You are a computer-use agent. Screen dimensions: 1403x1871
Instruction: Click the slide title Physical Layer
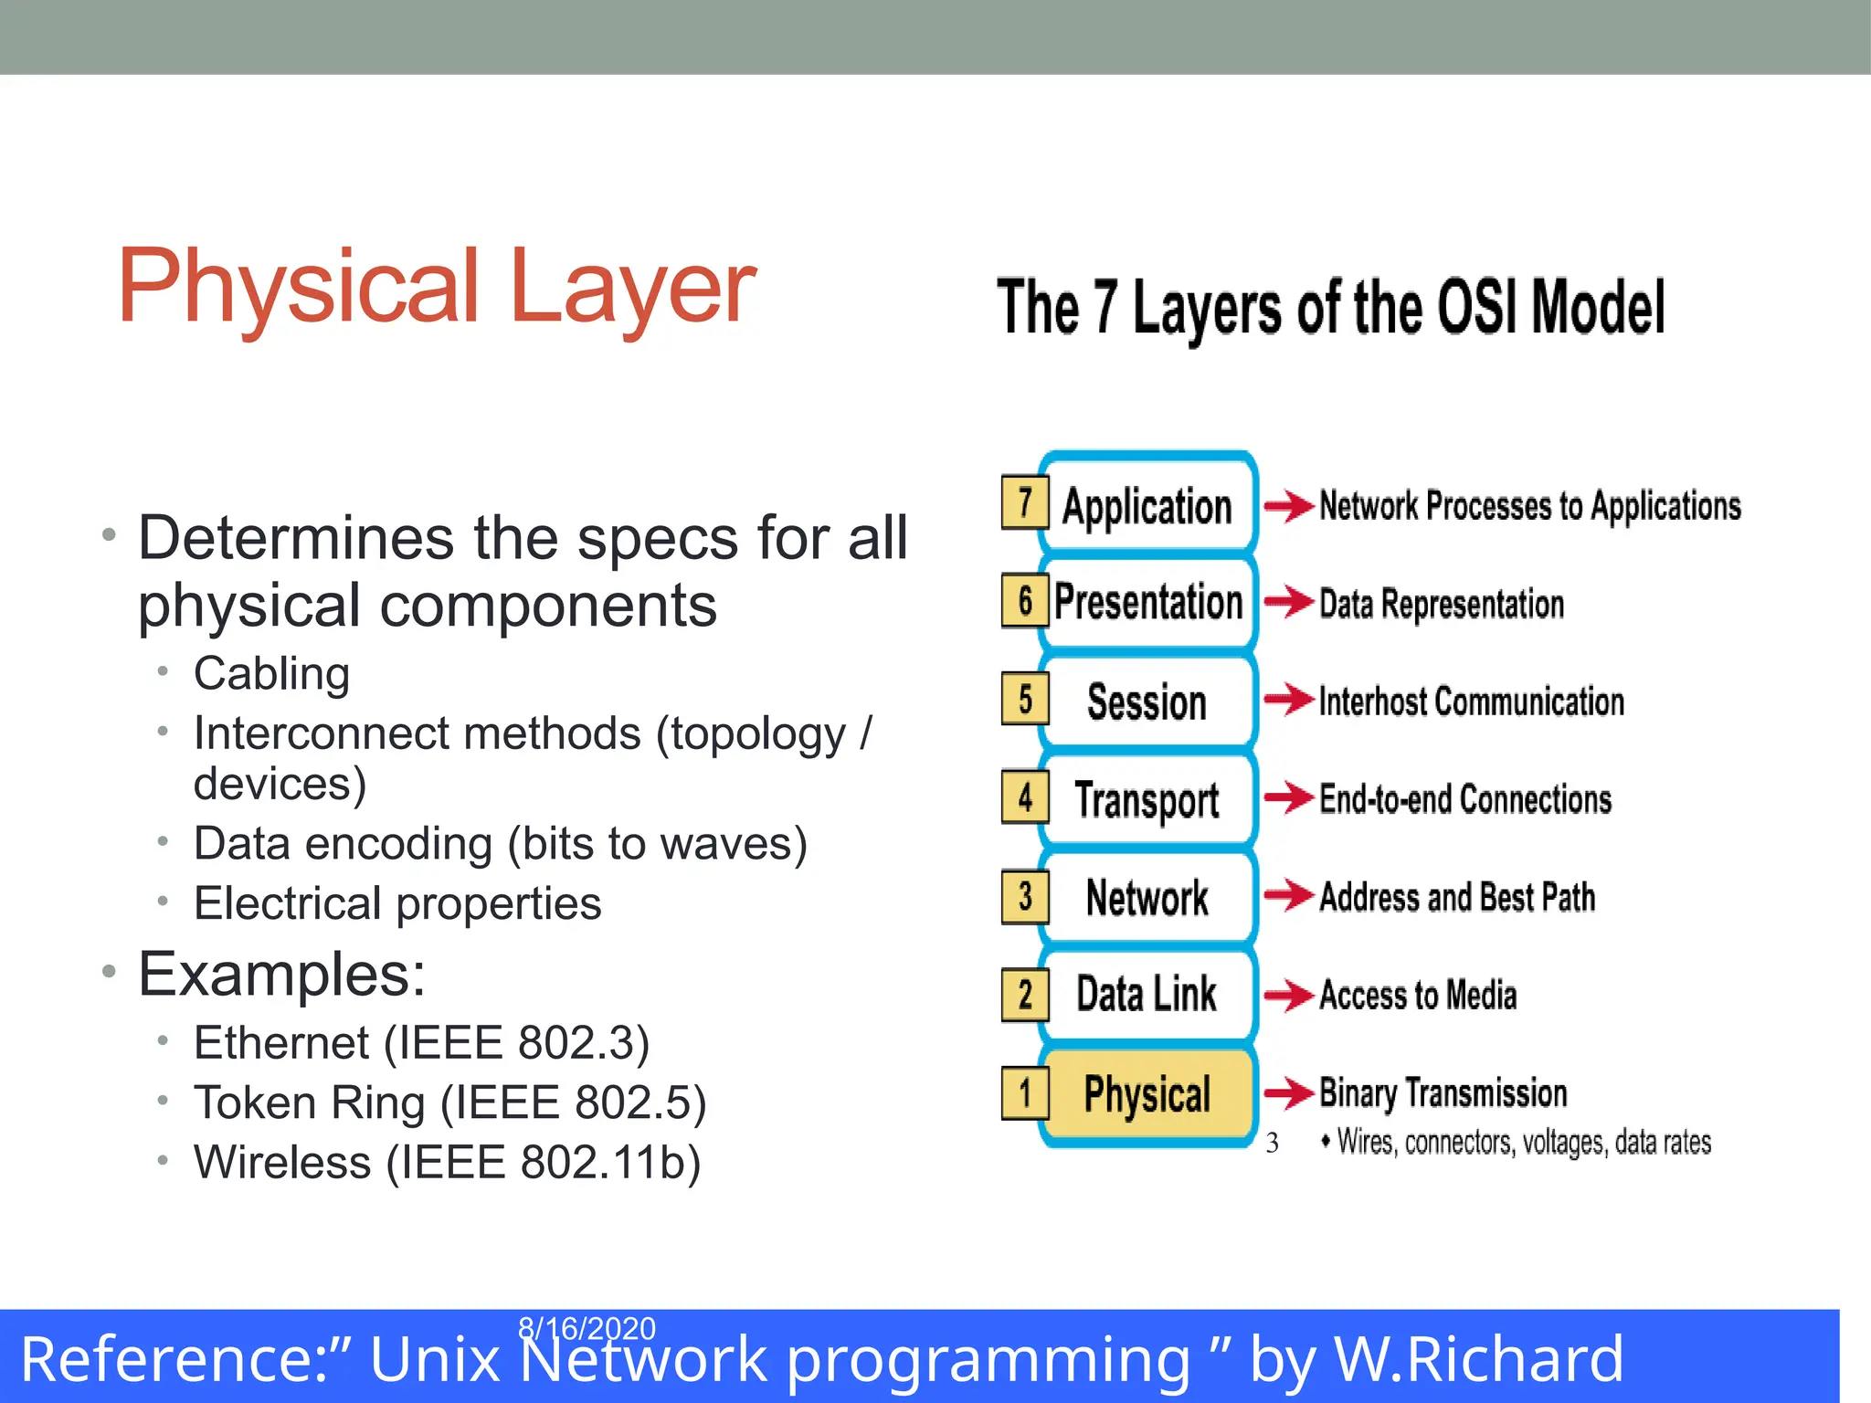437,287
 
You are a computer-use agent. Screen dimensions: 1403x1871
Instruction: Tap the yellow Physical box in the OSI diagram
1147,1093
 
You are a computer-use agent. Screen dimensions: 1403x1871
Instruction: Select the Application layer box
1147,506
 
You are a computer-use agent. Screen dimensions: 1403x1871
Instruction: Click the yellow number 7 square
1025,502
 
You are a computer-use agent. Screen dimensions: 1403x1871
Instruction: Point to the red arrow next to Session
1289,701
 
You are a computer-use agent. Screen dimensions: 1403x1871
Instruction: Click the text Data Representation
1442,604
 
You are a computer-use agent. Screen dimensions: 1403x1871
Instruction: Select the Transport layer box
1147,799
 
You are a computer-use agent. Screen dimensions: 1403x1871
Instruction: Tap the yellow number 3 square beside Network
1025,896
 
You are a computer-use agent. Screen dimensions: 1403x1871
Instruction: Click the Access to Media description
1418,995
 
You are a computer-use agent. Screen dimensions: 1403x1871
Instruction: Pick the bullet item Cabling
271,674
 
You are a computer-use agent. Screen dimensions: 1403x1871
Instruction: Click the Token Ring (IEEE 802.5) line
449,1102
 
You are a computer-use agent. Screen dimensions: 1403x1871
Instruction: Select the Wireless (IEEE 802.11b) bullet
447,1163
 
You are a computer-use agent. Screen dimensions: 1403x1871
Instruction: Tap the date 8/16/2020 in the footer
587,1327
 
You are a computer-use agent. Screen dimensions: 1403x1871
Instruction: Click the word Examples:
281,974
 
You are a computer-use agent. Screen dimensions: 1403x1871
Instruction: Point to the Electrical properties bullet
397,903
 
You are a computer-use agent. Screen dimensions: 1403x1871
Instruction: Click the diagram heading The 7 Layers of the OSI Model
1330,308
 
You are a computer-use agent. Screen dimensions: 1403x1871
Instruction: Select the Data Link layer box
1147,994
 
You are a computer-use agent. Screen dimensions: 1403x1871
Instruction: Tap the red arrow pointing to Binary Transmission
1289,1092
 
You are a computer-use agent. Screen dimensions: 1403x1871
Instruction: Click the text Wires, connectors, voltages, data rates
1523,1143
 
